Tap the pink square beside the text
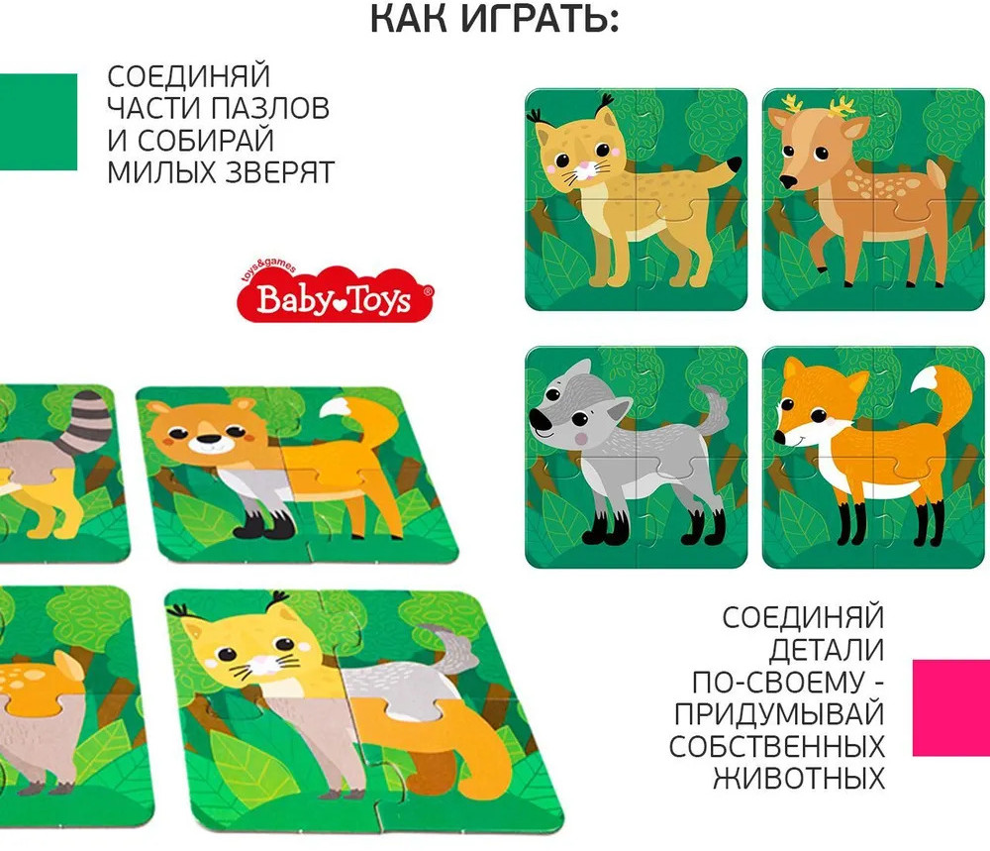pyautogui.click(x=951, y=707)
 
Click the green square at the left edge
pyautogui.click(x=38, y=122)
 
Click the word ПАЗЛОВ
pyautogui.click(x=270, y=108)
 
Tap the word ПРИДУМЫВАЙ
pyautogui.click(x=778, y=714)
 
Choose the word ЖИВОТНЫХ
pyautogui.click(x=799, y=779)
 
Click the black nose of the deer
pyautogui.click(x=787, y=182)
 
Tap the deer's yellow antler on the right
pyautogui.click(x=842, y=107)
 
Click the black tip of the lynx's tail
pyautogui.click(x=734, y=163)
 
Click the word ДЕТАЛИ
pyautogui.click(x=827, y=650)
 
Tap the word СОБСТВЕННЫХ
pyautogui.click(x=776, y=746)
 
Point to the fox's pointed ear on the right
pyautogui.click(x=856, y=382)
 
